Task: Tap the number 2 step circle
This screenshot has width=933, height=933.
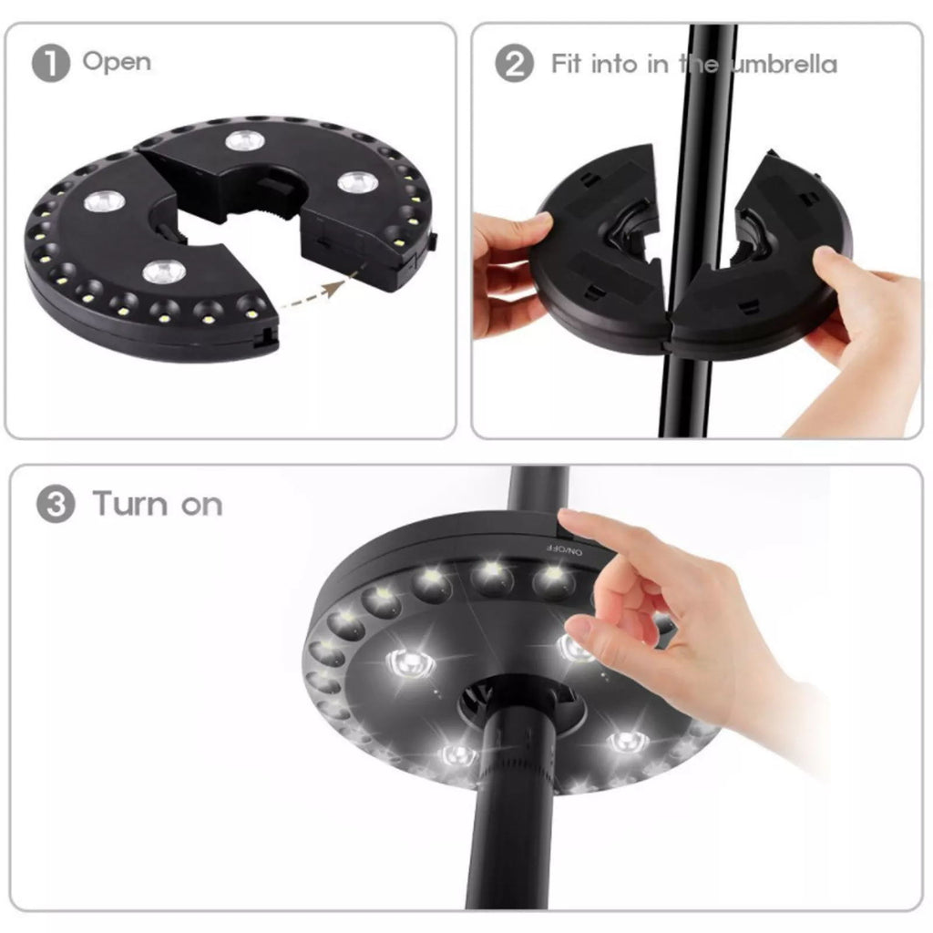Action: [x=514, y=64]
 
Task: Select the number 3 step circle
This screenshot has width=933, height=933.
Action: [x=56, y=504]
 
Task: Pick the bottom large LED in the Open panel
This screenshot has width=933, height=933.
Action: [x=164, y=272]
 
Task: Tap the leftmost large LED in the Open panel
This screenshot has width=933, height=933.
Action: [x=104, y=201]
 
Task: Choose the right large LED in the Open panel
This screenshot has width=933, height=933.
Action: [x=357, y=182]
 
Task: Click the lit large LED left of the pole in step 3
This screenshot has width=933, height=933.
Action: [x=410, y=663]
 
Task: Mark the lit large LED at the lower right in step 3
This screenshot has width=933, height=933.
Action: [x=629, y=742]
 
